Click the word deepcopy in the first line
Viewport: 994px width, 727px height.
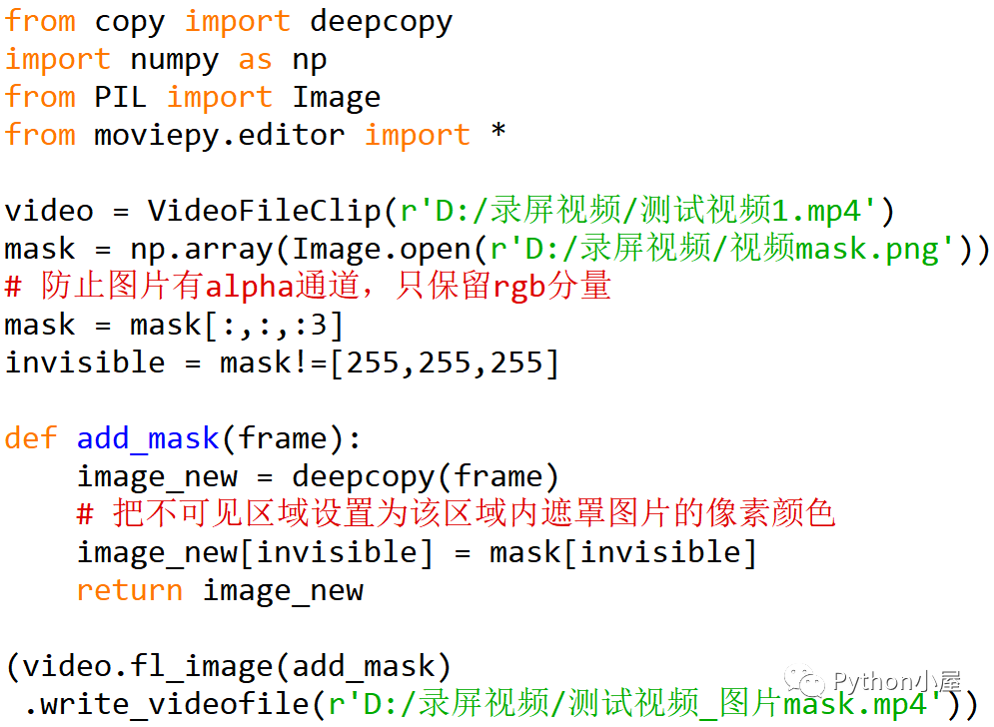(381, 21)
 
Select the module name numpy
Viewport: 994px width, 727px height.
(174, 59)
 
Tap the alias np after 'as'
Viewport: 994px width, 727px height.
(309, 59)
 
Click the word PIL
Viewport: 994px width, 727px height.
(120, 97)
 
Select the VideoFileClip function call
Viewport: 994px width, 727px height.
(264, 211)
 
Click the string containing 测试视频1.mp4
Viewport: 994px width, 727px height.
(639, 211)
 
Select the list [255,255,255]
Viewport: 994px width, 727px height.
(445, 363)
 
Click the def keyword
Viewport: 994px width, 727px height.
(31, 438)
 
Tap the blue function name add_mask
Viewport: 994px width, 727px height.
(147, 438)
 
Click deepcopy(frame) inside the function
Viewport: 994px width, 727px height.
(425, 476)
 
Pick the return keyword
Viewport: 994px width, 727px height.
(130, 590)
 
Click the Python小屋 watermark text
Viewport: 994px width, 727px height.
(894, 681)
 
